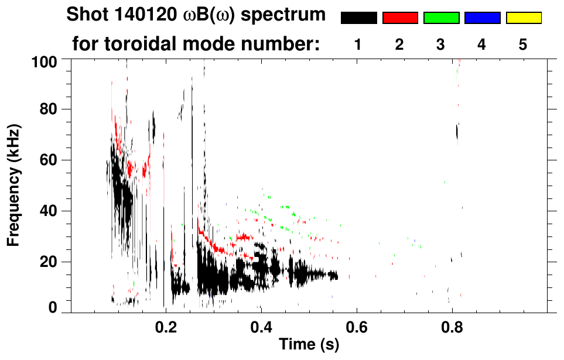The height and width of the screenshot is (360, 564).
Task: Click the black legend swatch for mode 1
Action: point(358,18)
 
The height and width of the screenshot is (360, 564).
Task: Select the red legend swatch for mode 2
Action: point(400,18)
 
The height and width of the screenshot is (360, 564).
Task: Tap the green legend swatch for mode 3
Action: point(441,18)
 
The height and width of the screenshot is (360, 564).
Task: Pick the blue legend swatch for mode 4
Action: point(482,18)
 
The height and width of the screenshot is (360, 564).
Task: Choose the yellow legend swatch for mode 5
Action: point(523,18)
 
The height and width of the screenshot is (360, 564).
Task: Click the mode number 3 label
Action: point(441,44)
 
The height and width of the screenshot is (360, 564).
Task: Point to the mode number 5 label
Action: point(523,44)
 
